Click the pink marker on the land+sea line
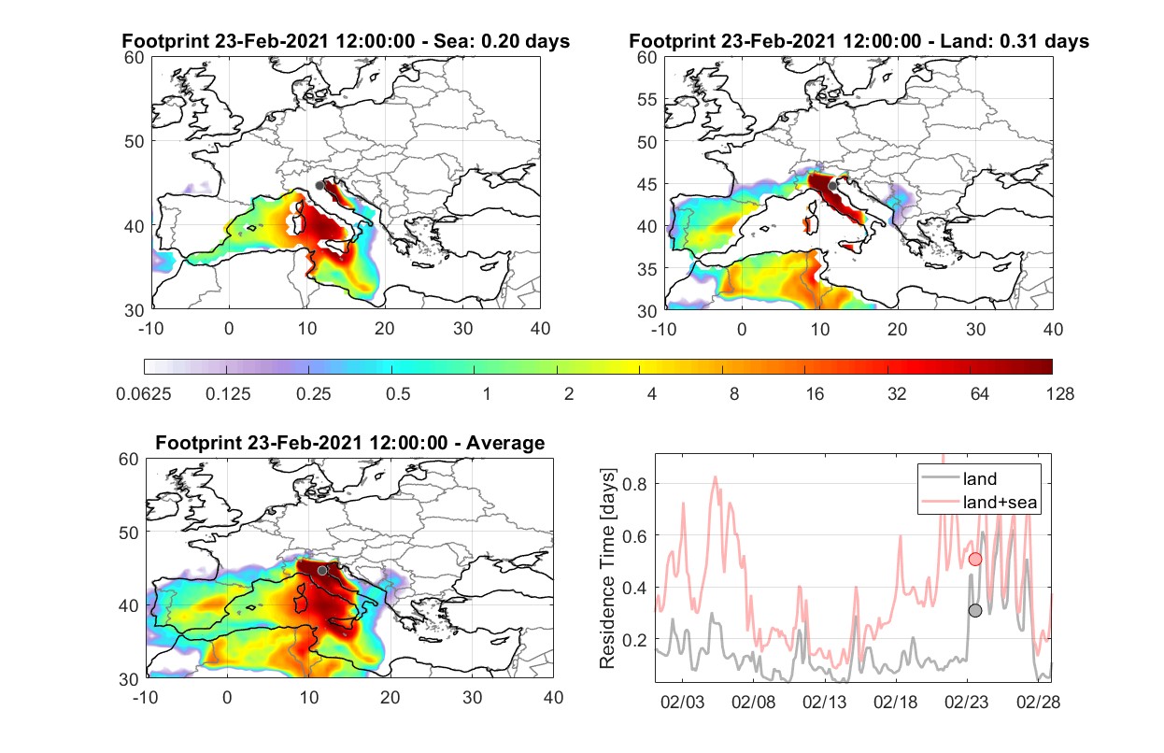[x=975, y=560]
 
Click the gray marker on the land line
[x=975, y=611]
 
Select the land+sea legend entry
[x=980, y=502]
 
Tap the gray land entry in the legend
[x=959, y=478]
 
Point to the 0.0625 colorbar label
[x=144, y=394]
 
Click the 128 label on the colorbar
[x=1059, y=394]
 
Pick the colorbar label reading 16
[x=815, y=394]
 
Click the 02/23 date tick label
[x=966, y=702]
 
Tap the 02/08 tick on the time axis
[x=753, y=702]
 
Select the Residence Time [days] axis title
[x=607, y=569]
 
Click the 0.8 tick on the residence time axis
[x=634, y=484]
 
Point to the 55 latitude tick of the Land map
[x=646, y=99]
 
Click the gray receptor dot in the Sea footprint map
[x=319, y=186]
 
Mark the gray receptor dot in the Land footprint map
[x=832, y=186]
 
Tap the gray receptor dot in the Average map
[x=322, y=571]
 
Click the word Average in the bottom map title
[x=505, y=443]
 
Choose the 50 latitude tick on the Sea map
[x=135, y=141]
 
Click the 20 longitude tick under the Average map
[x=390, y=697]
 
